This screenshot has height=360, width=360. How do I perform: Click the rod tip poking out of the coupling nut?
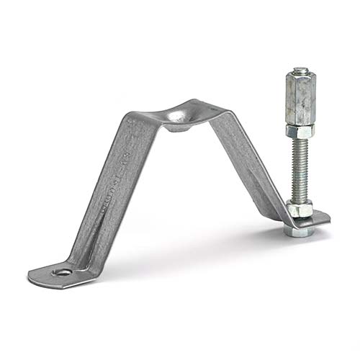(x=300, y=71)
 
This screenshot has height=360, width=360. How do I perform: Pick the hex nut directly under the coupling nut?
(x=300, y=131)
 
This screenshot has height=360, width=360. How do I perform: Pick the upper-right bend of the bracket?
(x=220, y=115)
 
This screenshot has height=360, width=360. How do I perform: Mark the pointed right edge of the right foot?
(x=328, y=218)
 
